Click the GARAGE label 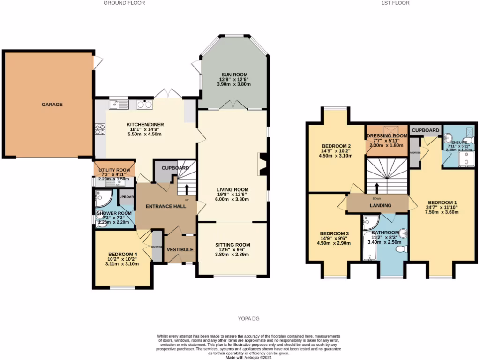click(x=52, y=105)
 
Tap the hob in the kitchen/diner click(x=100, y=129)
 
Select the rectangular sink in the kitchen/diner click(x=118, y=105)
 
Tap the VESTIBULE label click(x=180, y=249)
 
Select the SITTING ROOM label click(x=232, y=245)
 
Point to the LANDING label click(x=380, y=205)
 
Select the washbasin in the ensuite click(x=448, y=138)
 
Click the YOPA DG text click(x=247, y=319)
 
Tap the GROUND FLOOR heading click(x=124, y=3)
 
